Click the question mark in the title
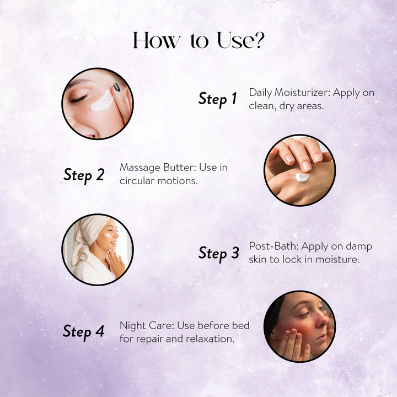pyautogui.click(x=258, y=40)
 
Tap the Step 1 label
pyautogui.click(x=217, y=99)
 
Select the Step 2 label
pyautogui.click(x=84, y=175)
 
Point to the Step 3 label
pyautogui.click(x=219, y=254)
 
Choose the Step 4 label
pyautogui.click(x=84, y=332)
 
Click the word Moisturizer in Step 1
pyautogui.click(x=302, y=93)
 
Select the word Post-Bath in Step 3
pyautogui.click(x=273, y=246)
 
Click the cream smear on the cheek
pyautogui.click(x=102, y=100)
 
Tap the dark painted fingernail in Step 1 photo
pyautogui.click(x=116, y=87)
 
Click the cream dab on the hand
pyautogui.click(x=302, y=177)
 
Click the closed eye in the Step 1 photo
pyautogui.click(x=79, y=99)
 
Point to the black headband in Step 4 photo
pyautogui.click(x=274, y=315)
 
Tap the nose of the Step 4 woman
pyautogui.click(x=322, y=321)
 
